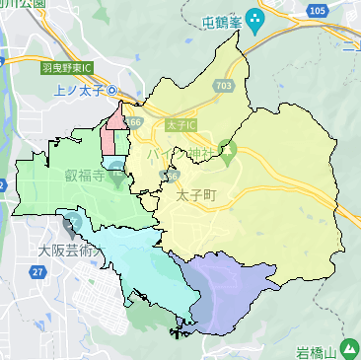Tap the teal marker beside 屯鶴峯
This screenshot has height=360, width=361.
click(x=255, y=18)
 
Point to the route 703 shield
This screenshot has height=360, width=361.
click(x=229, y=86)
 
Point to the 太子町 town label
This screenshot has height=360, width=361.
click(x=194, y=196)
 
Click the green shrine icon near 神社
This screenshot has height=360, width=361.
click(x=227, y=153)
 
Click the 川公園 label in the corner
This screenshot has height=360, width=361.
click(x=24, y=4)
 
